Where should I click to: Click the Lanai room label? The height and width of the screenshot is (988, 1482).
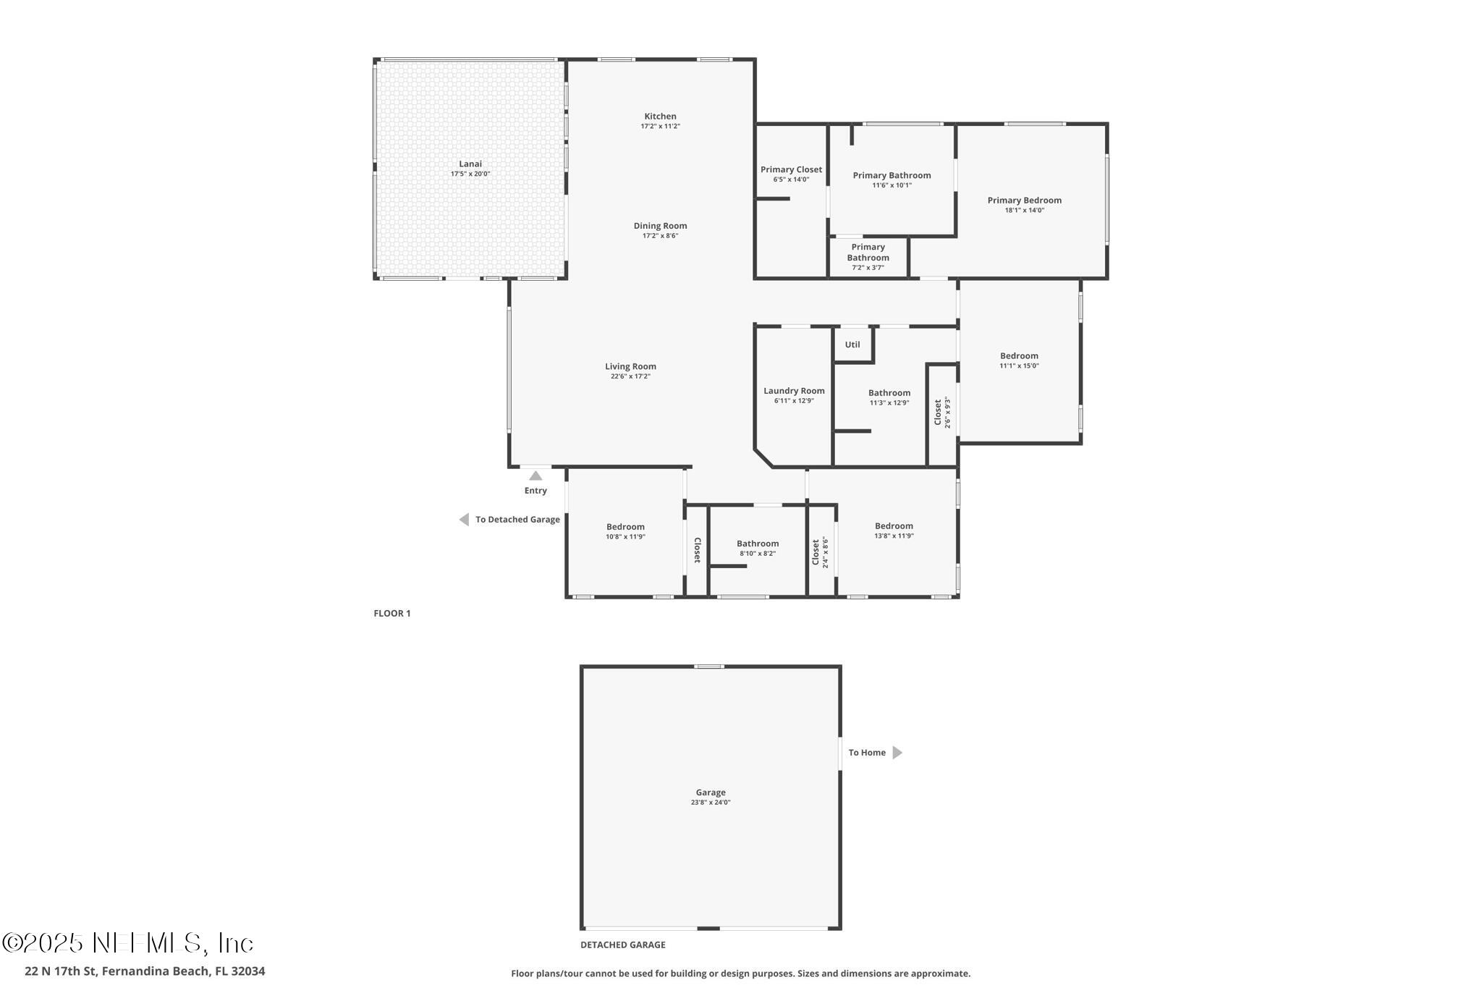(x=470, y=164)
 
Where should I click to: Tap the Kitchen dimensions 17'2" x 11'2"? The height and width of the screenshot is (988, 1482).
(x=660, y=127)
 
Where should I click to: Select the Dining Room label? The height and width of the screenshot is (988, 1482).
(x=660, y=226)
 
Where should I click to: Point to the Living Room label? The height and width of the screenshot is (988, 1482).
(x=630, y=366)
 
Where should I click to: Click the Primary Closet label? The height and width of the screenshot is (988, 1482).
(x=791, y=170)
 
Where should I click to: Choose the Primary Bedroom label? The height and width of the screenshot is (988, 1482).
(x=1024, y=200)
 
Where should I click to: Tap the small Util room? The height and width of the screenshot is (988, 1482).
(x=852, y=345)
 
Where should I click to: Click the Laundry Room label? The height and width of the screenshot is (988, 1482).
(x=794, y=391)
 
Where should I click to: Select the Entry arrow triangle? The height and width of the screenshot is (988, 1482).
(x=535, y=476)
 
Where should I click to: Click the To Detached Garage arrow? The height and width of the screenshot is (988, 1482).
(x=464, y=520)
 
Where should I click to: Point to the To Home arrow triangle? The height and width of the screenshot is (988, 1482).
(x=897, y=753)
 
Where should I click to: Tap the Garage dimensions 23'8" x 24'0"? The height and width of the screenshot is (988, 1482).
(x=711, y=803)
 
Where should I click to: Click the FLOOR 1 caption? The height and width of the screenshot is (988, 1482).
(x=391, y=614)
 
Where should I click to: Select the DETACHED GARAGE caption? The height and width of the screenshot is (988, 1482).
(x=622, y=945)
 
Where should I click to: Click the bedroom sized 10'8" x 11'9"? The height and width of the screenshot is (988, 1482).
(x=625, y=531)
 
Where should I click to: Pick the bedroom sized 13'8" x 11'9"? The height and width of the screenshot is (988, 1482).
(x=894, y=531)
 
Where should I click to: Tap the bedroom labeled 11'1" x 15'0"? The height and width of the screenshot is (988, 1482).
(x=1019, y=360)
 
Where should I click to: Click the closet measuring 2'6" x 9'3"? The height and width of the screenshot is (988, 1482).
(x=942, y=413)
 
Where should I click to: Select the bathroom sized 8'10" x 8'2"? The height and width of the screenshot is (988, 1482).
(x=758, y=548)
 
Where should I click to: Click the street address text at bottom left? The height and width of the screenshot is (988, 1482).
(x=145, y=971)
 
